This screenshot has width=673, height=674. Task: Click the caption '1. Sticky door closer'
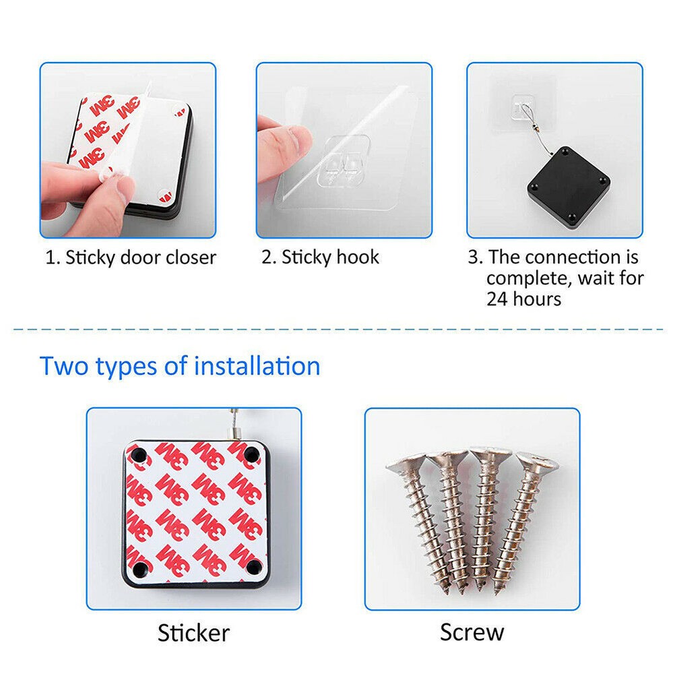click(131, 257)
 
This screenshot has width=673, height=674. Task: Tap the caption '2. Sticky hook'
click(320, 257)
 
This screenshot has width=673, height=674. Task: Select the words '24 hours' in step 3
click(523, 299)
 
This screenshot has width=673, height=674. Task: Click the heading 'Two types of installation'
click(180, 366)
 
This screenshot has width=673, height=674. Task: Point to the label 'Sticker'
click(193, 633)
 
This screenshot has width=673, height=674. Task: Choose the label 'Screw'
click(472, 632)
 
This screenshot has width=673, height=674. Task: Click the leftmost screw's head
click(404, 464)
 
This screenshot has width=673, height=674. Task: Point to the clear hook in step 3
click(521, 107)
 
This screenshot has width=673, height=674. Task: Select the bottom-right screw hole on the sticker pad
click(253, 568)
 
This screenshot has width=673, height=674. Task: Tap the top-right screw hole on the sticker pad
click(251, 454)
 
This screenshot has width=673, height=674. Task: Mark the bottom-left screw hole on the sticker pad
click(140, 568)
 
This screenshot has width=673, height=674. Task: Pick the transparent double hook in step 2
click(344, 161)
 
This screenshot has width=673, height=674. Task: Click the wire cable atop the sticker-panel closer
click(234, 424)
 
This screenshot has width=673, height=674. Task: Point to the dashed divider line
click(339, 330)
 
